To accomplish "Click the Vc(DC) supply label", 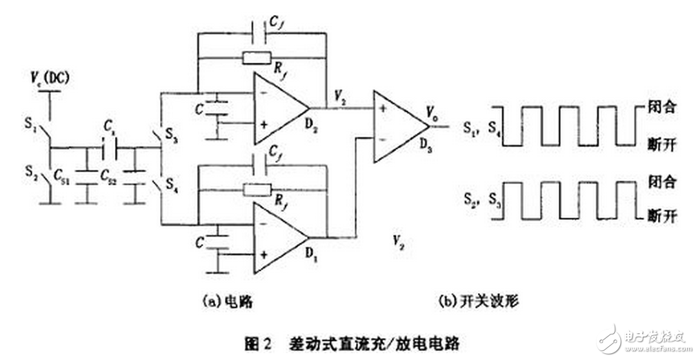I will (x=50, y=76).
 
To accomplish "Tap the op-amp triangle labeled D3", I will (x=400, y=126).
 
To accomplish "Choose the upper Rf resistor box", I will (x=257, y=58).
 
